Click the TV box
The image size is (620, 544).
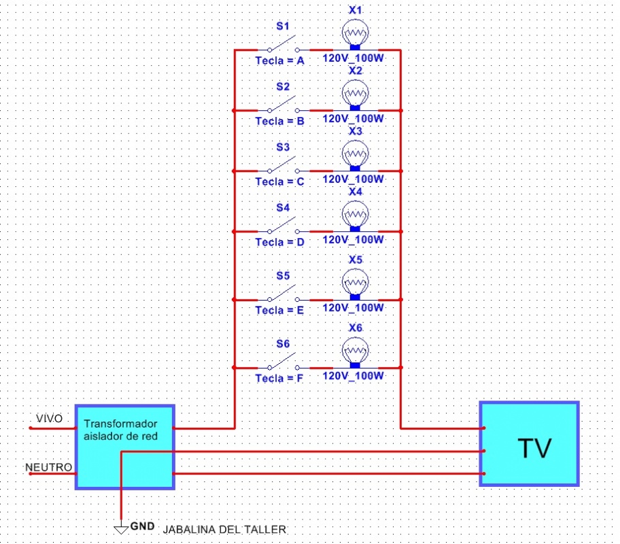[x=530, y=444]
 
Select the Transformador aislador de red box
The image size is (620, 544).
[x=124, y=447]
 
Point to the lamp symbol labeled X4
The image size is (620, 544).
[x=354, y=216]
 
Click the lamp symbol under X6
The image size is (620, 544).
[x=354, y=352]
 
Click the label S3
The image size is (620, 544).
[x=283, y=147]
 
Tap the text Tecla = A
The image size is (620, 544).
[x=279, y=61]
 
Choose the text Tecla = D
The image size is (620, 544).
[x=279, y=242]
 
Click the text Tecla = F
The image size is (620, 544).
[x=279, y=378]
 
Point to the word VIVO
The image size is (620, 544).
[x=49, y=418]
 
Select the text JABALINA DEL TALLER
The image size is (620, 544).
[x=225, y=529]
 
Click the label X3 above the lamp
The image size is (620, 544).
[x=355, y=131]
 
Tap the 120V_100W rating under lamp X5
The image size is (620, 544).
[x=354, y=308]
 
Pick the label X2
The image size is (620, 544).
[x=355, y=70]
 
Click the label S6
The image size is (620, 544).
[x=283, y=344]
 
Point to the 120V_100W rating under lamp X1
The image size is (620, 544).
[x=354, y=58]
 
